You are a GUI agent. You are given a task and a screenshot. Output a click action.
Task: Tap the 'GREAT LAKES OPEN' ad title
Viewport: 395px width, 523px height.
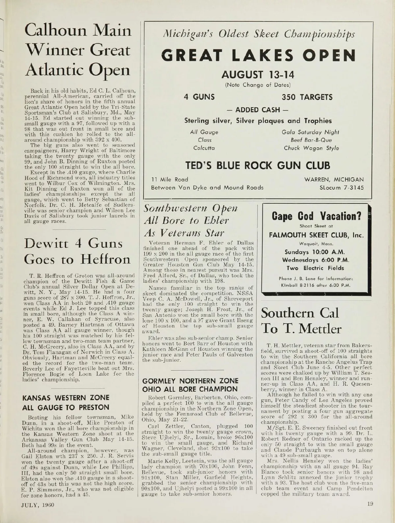(x=259, y=56)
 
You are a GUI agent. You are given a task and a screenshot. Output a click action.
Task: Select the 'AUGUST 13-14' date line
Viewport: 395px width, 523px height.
(x=258, y=75)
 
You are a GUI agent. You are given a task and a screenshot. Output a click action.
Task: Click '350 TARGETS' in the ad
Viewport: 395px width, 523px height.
(x=307, y=97)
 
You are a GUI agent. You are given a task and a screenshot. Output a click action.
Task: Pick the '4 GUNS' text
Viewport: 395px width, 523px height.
(x=199, y=97)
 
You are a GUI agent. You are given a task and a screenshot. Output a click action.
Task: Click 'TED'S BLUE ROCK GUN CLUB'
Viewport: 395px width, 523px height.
(x=258, y=165)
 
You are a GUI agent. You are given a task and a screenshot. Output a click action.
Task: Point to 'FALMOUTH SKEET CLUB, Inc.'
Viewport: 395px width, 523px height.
(x=316, y=235)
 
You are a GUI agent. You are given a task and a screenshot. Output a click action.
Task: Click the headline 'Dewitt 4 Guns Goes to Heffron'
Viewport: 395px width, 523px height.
(x=77, y=251)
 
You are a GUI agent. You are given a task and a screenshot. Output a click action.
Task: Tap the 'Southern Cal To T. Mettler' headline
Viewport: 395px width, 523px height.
(x=301, y=320)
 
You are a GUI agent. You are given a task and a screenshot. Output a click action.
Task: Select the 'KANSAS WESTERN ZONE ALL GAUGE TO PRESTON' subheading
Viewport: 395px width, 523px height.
(x=65, y=402)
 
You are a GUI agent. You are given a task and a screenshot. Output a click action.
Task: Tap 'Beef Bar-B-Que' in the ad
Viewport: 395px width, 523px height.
(x=311, y=140)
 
